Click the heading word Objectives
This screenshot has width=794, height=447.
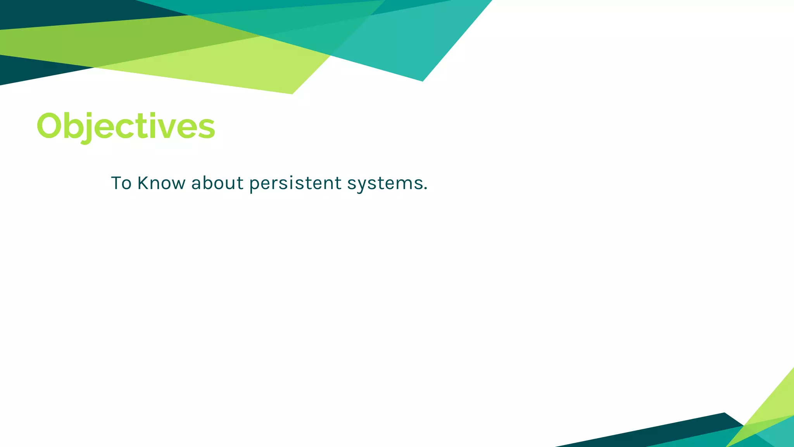(126, 126)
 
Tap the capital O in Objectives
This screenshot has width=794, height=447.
(50, 126)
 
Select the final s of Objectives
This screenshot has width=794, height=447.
(206, 128)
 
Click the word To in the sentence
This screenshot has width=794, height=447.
(121, 183)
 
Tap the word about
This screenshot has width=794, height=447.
(217, 183)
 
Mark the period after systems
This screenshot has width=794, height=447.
(426, 189)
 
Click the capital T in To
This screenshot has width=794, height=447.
(116, 183)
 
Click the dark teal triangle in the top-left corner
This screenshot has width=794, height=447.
(58, 12)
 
